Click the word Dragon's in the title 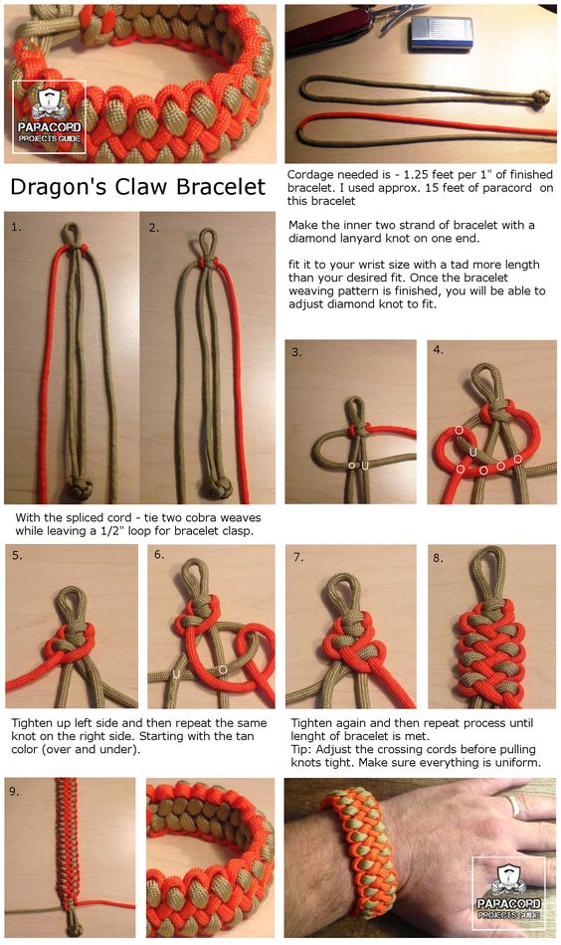coord(59,187)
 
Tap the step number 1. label coord(16,227)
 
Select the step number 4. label coord(438,349)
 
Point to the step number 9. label coord(14,792)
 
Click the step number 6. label coord(159,554)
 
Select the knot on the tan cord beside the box coord(540,97)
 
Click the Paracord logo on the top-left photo coord(49,116)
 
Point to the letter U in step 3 coord(365,466)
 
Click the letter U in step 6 coord(176,673)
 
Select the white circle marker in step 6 coord(223,669)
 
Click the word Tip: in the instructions coord(301,749)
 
